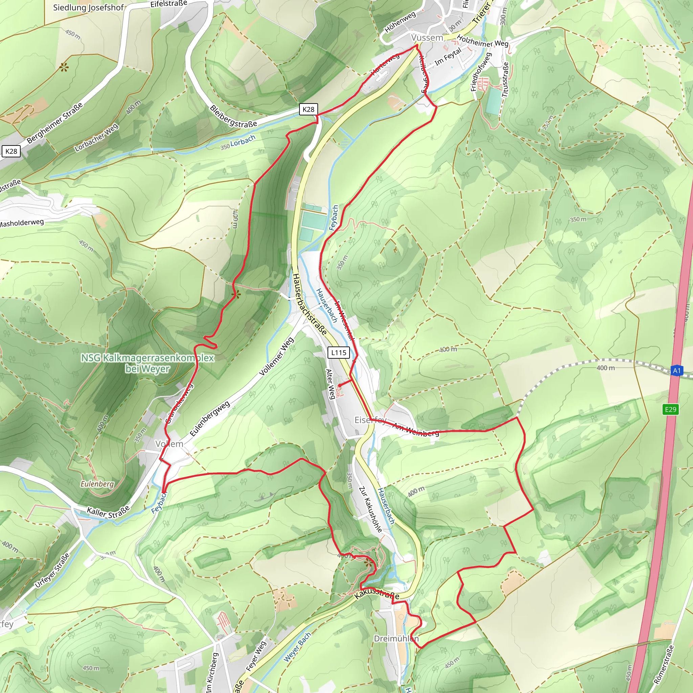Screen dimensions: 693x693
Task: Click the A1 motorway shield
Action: (x=676, y=371)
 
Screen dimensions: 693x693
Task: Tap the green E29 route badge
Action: (x=670, y=409)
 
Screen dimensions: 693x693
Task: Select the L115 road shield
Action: (x=339, y=353)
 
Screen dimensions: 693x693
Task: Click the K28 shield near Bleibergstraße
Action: (x=308, y=109)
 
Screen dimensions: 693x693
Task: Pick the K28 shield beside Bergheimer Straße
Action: (x=11, y=151)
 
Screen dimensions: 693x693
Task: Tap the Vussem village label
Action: (x=427, y=38)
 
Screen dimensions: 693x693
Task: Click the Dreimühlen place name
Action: (x=396, y=639)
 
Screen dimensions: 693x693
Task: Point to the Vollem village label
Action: (x=169, y=444)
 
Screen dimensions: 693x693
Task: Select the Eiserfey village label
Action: (x=371, y=420)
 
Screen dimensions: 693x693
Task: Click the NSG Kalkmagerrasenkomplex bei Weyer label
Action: (x=148, y=363)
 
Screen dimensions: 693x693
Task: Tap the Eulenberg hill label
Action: (x=97, y=484)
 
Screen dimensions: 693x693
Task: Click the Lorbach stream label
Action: (x=243, y=141)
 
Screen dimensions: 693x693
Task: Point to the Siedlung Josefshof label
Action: (x=88, y=7)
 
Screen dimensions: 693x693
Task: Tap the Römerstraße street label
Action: (x=664, y=665)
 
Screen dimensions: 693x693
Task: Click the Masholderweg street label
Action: (x=22, y=223)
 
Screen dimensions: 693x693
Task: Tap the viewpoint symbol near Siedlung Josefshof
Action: (x=64, y=67)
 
